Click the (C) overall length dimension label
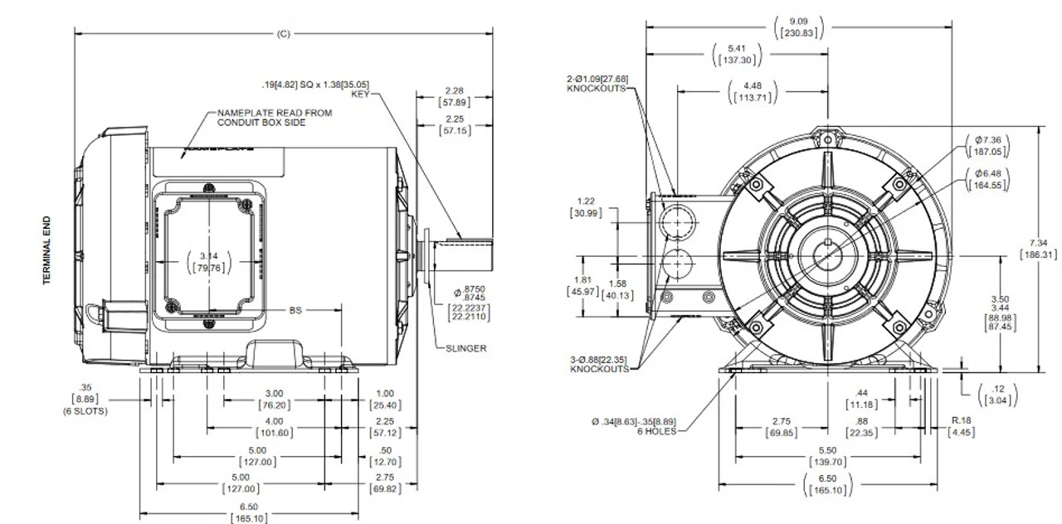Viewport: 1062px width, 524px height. tap(284, 34)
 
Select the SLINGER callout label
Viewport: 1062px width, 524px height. tap(465, 348)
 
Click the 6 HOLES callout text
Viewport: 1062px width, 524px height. tap(657, 431)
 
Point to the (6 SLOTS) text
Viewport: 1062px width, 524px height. tap(85, 410)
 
